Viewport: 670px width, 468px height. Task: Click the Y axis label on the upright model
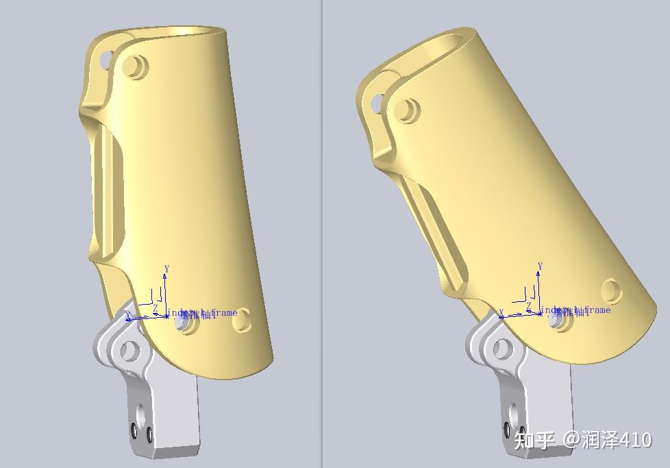(x=166, y=269)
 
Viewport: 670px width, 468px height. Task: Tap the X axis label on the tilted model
(x=501, y=313)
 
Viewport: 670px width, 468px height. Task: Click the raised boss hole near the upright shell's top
(x=136, y=67)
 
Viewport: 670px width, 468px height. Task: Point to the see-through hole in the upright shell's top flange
(x=106, y=60)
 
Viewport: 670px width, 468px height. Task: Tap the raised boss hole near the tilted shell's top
(x=409, y=110)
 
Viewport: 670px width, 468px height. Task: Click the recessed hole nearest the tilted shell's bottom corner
(x=611, y=291)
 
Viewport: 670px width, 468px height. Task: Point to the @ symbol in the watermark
(x=571, y=439)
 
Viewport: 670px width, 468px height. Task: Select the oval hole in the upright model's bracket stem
(x=141, y=414)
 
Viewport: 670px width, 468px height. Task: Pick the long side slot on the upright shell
(x=110, y=192)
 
